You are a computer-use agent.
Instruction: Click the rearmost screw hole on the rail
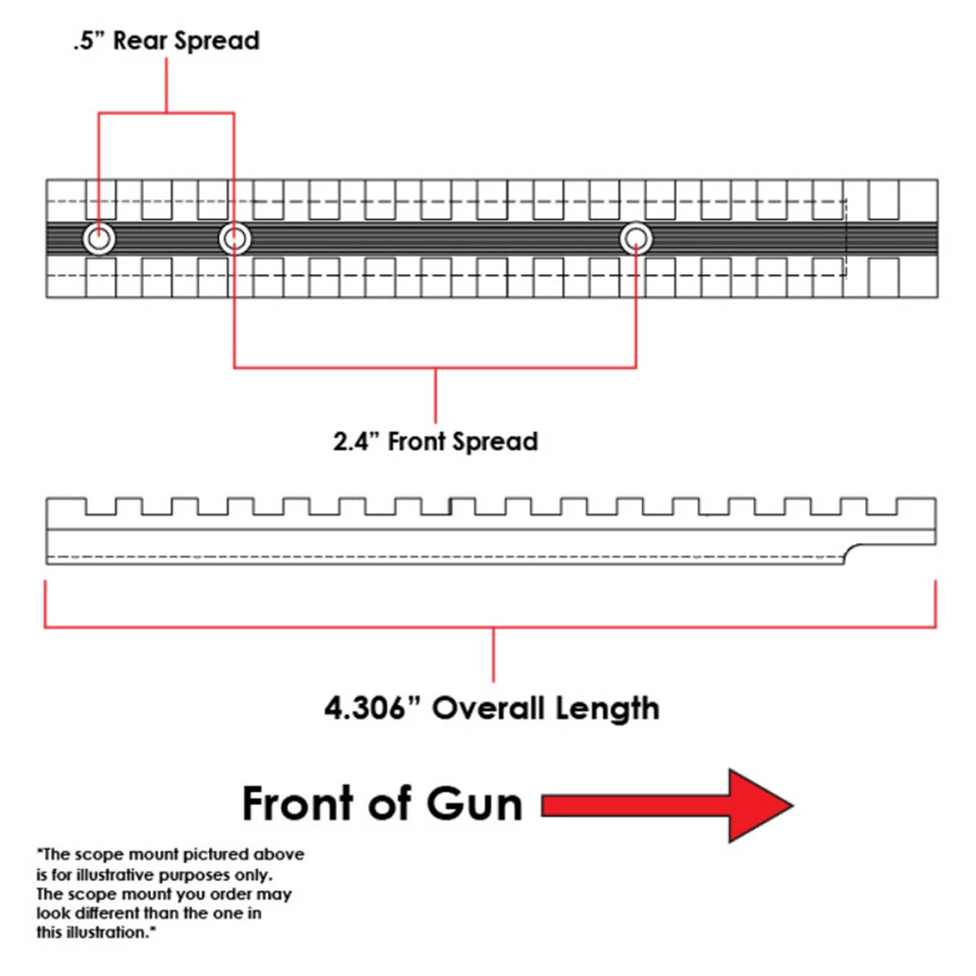[x=99, y=239]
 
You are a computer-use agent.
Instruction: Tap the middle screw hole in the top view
[x=234, y=239]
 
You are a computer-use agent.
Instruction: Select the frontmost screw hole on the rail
[x=636, y=239]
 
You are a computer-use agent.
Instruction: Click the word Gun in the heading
[x=474, y=804]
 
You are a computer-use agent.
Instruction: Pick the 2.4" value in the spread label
[x=355, y=441]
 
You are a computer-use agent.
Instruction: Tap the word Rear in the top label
[x=140, y=40]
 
